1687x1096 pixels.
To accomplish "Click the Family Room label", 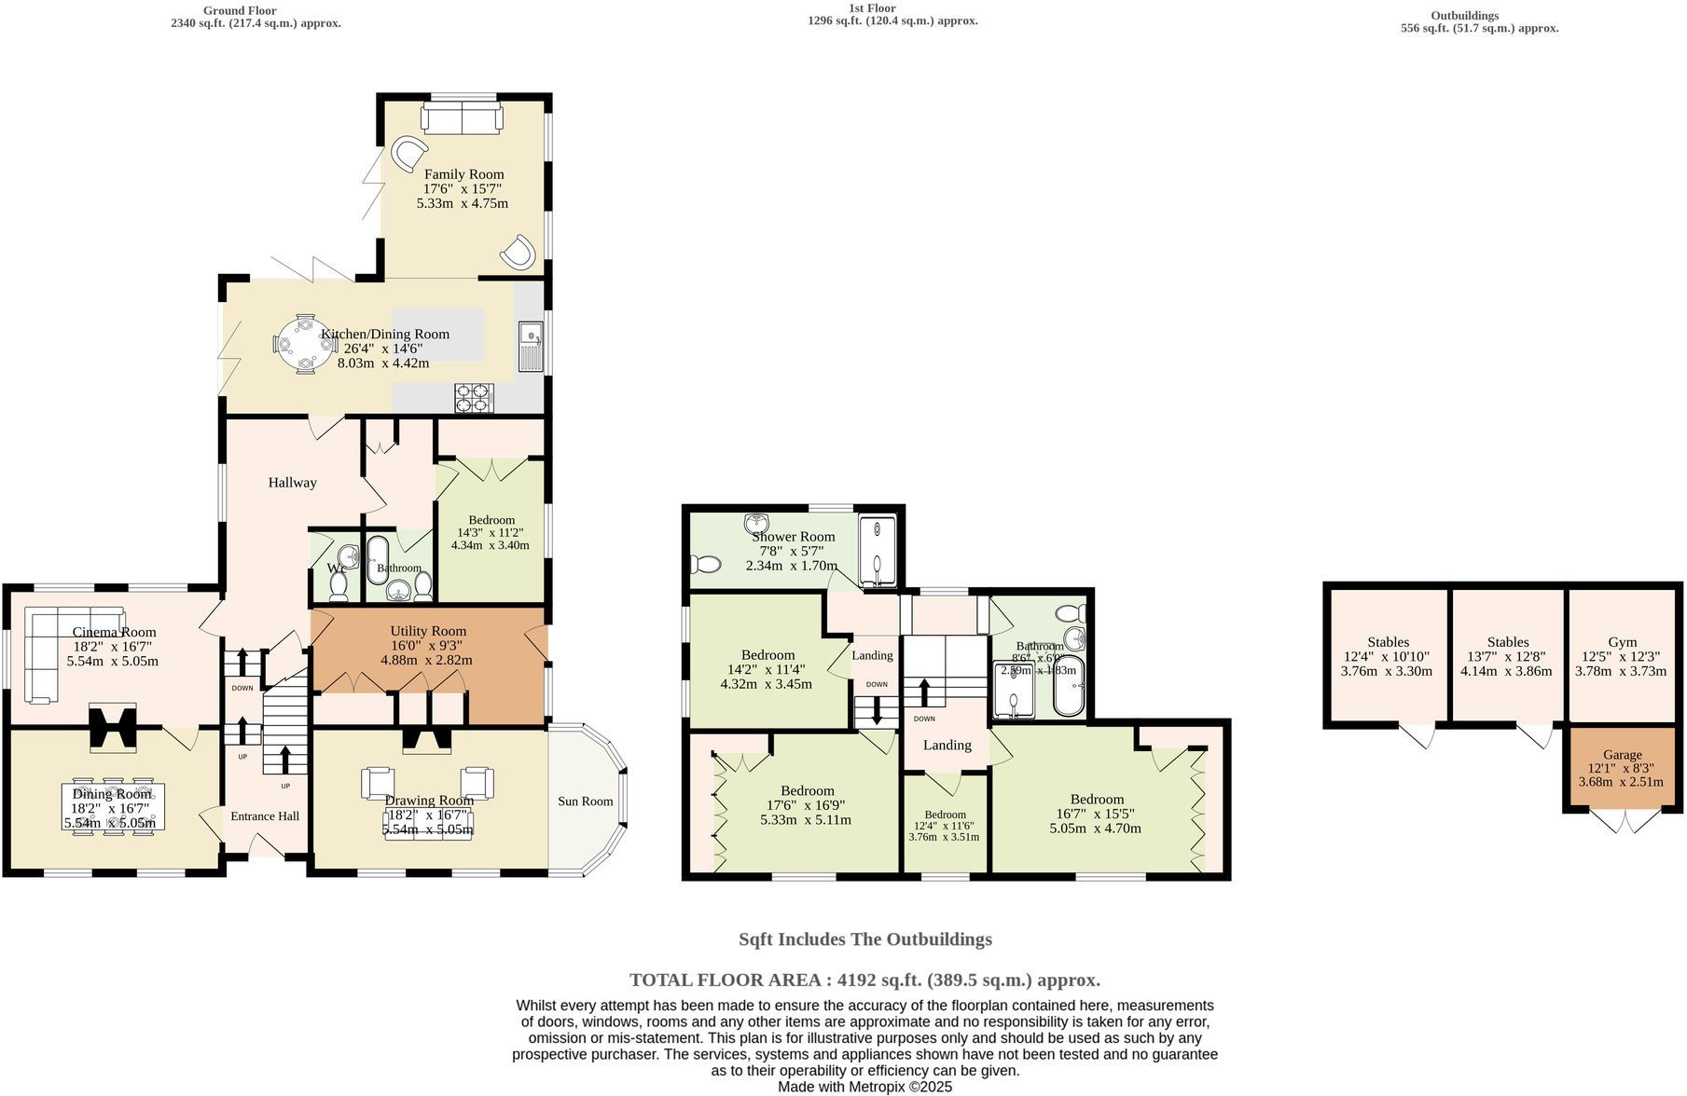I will point(463,174).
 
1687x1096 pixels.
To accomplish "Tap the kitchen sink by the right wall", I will point(531,346).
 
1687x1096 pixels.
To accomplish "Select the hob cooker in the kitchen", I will point(474,398).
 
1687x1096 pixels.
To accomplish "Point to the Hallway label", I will point(292,483).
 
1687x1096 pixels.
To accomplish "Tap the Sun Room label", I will point(585,801).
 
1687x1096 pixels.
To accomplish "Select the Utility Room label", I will point(428,631).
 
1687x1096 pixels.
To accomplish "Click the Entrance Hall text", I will point(265,816).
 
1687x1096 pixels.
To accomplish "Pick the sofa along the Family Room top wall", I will point(462,118).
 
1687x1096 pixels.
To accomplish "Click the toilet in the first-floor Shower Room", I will point(705,564).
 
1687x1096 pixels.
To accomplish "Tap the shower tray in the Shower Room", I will point(876,551).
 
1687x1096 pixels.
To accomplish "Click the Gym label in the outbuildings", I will point(1622,642).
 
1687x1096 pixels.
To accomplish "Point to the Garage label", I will point(1622,755).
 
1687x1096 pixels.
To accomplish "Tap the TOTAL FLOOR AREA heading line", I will point(864,980).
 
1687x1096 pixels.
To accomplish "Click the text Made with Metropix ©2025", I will point(864,1087).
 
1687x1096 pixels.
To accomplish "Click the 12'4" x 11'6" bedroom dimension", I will point(944,826).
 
